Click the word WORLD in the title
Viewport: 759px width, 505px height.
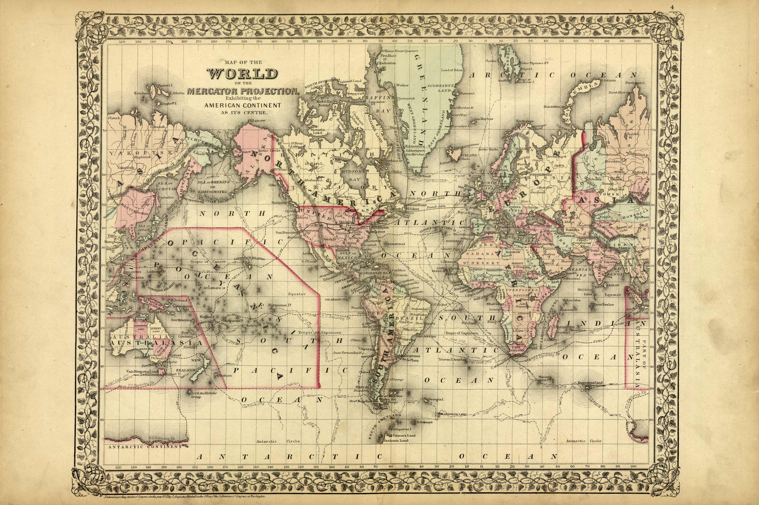click(243, 74)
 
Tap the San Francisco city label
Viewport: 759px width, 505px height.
click(287, 232)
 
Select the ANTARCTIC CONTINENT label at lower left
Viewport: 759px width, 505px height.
click(145, 447)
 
